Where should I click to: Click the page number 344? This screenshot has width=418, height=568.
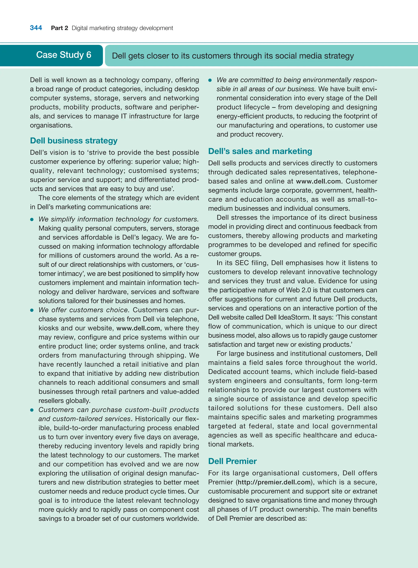pyautogui.click(x=36, y=28)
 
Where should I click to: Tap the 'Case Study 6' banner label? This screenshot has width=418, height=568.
pyautogui.click(x=63, y=55)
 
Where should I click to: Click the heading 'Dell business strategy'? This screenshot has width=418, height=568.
pyautogui.click(x=74, y=141)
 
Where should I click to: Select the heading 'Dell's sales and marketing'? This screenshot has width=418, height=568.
pyautogui.click(x=260, y=151)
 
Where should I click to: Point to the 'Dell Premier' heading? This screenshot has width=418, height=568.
pyautogui.click(x=232, y=461)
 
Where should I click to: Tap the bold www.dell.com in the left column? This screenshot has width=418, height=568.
pyautogui.click(x=138, y=328)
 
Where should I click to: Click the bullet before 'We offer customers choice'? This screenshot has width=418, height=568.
pyautogui.click(x=32, y=310)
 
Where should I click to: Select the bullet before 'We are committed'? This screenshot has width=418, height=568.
pyautogui.click(x=210, y=80)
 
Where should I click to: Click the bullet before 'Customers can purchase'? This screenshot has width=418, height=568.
pyautogui.click(x=32, y=410)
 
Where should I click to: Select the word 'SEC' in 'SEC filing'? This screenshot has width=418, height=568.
pyautogui.click(x=242, y=263)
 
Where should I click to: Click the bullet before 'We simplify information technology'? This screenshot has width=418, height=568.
pyautogui.click(x=32, y=220)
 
